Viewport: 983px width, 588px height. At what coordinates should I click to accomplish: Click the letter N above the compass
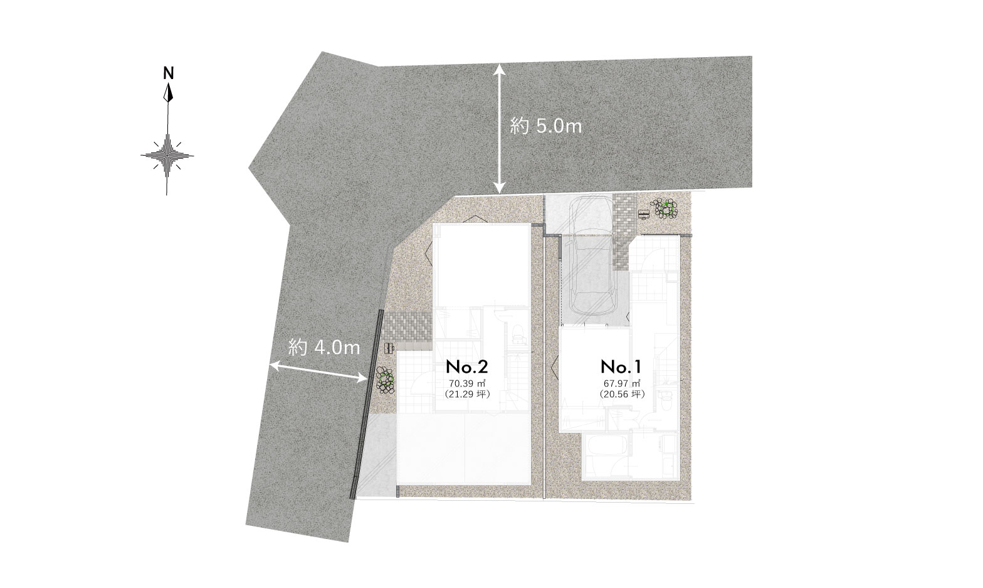169,73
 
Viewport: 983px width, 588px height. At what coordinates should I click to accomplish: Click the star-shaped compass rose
167,155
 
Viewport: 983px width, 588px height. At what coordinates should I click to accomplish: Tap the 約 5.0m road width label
546,127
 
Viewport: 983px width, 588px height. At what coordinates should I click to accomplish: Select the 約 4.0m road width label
324,348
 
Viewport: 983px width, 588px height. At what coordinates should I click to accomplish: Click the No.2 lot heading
467,367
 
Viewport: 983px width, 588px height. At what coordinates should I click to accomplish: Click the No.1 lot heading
621,367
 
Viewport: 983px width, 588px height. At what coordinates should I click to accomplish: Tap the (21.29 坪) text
467,394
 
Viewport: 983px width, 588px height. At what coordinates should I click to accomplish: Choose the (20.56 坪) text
622,394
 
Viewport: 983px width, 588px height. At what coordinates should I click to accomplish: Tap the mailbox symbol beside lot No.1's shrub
643,215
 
